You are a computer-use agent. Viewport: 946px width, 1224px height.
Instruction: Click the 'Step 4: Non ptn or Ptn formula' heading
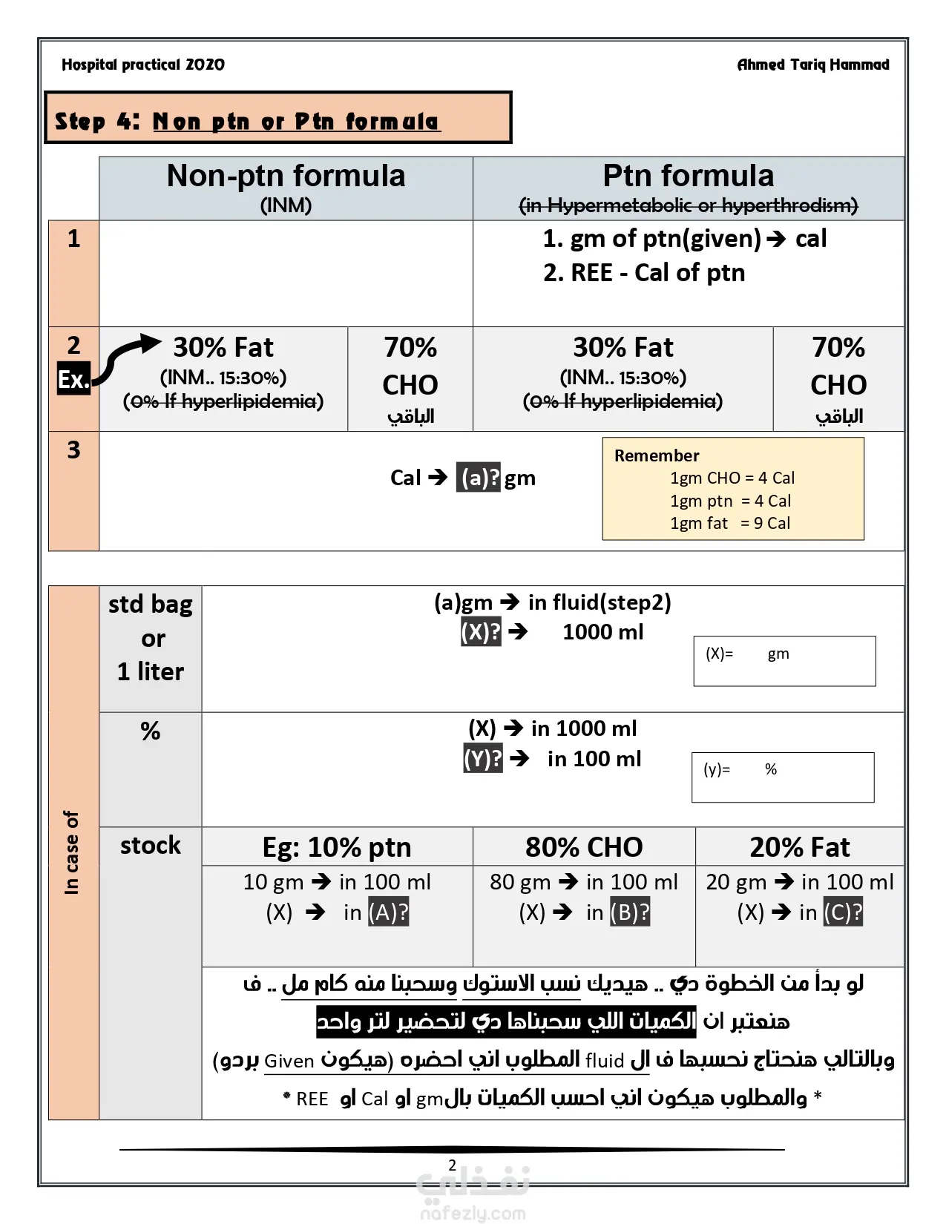tap(247, 121)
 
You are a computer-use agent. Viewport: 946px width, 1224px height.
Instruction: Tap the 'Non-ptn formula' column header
tap(286, 177)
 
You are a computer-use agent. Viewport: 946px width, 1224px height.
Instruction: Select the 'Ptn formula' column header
tap(688, 177)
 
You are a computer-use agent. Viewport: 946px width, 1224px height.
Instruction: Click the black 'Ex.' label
tap(73, 379)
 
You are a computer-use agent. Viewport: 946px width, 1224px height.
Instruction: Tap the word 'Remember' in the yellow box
tap(657, 455)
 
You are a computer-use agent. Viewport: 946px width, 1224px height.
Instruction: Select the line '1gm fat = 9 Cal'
tap(730, 523)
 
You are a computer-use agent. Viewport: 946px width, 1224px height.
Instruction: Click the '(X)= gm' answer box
tap(784, 661)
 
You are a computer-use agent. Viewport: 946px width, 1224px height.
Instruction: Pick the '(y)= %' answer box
tap(783, 777)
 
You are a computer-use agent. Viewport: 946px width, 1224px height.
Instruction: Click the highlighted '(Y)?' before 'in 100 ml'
tap(483, 759)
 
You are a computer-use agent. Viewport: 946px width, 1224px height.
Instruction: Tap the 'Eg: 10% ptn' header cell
tap(337, 847)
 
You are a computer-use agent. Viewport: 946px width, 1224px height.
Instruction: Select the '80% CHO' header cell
tap(584, 847)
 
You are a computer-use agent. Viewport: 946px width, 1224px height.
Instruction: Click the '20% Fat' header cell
tap(800, 847)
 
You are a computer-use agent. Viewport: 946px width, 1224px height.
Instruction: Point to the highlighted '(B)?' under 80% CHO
tap(630, 912)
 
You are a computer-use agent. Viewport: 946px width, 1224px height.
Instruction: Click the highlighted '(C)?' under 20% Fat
tap(844, 912)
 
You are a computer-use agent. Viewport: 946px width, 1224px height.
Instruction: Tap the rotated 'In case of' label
tap(72, 852)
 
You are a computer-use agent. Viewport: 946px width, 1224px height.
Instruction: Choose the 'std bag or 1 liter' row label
tap(151, 638)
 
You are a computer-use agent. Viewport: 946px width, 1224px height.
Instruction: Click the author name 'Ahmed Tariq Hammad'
tap(813, 65)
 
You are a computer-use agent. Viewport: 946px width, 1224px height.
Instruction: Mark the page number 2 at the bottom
tap(452, 1165)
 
